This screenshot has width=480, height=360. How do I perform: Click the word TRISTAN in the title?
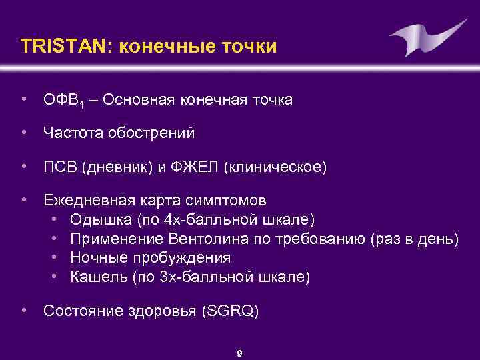pyautogui.click(x=57, y=47)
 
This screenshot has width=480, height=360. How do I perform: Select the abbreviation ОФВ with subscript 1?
pyautogui.click(x=62, y=100)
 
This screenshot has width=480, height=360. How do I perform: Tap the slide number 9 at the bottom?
pyautogui.click(x=239, y=353)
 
